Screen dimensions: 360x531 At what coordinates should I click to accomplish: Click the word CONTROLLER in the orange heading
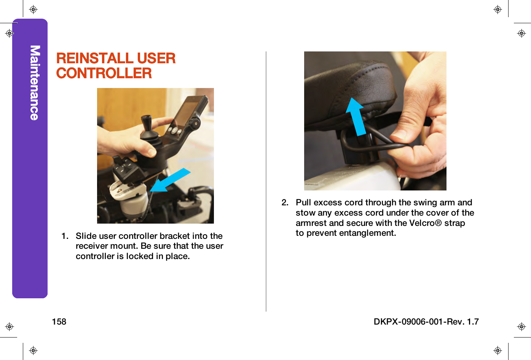104,73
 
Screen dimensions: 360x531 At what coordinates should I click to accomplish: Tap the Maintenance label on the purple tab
35,83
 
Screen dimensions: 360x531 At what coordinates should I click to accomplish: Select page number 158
59,322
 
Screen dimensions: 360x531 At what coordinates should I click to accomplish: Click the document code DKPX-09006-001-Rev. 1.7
426,322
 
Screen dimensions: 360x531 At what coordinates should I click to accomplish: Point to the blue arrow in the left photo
170,180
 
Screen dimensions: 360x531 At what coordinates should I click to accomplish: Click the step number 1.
65,236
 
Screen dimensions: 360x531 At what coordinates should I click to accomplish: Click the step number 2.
285,202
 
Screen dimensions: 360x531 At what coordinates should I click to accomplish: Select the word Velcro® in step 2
425,223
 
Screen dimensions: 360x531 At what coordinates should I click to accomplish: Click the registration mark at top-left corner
33,10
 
